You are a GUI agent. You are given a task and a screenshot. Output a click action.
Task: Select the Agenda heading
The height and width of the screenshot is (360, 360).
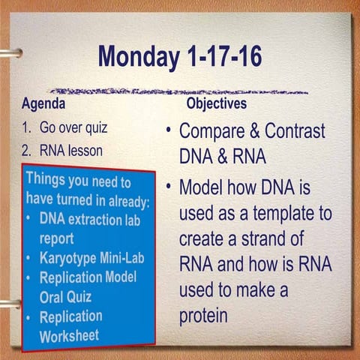pos(43,103)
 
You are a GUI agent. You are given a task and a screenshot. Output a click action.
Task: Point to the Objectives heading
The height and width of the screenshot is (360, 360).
pos(216,103)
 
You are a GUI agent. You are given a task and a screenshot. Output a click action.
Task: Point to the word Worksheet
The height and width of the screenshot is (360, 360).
pos(68,334)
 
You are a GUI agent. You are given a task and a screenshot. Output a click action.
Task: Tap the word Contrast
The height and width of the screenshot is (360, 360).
pos(292,131)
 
